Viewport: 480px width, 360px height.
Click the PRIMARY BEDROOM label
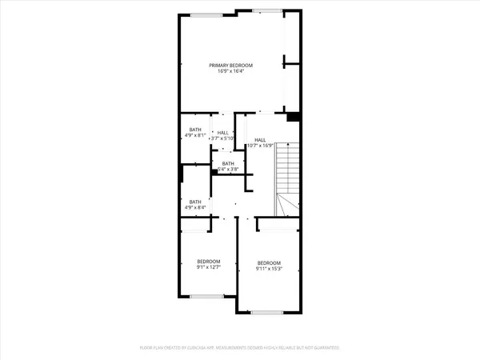[231, 65]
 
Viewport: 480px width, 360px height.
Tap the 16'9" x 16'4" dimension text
[231, 71]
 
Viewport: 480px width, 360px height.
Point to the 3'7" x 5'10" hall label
[222, 136]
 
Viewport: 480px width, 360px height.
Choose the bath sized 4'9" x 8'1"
[195, 132]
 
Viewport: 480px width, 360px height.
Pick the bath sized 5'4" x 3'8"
[228, 166]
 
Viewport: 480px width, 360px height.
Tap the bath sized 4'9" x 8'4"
[195, 205]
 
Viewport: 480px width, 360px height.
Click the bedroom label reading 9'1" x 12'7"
[209, 264]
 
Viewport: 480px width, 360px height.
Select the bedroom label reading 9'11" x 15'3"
[269, 266]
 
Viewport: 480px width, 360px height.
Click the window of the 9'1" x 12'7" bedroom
[207, 296]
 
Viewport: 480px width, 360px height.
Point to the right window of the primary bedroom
[264, 10]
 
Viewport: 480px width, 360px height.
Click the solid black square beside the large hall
[294, 117]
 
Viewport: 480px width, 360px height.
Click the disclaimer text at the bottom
[239, 348]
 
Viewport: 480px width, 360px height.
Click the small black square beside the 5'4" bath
[215, 169]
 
